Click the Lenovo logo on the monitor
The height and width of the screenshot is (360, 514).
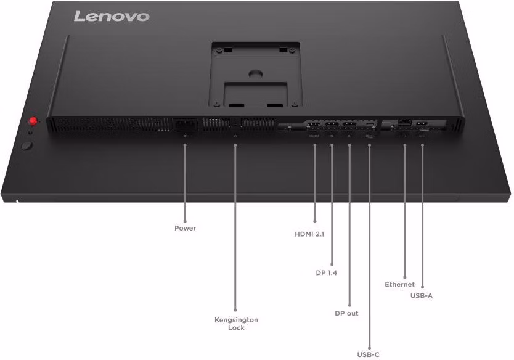112,17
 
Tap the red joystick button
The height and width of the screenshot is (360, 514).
33,121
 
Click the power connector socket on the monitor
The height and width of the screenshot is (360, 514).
186,125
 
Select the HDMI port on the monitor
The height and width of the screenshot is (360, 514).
314,125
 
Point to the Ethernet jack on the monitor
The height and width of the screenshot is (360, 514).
404,123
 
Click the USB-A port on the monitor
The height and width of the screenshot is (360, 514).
422,124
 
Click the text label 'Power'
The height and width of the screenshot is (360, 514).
186,228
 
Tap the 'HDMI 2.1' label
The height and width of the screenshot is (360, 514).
309,234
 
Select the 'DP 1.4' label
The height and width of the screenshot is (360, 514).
327,273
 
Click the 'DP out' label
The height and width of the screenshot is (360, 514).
346,313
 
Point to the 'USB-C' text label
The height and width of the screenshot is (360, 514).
368,354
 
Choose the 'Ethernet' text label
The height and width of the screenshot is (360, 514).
399,284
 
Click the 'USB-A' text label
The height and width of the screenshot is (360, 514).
422,295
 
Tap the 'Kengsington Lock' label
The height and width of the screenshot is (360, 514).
236,324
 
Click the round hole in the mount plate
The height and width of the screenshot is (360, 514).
256,73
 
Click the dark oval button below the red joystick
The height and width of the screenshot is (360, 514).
27,145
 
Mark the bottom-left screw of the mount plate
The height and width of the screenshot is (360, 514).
216,105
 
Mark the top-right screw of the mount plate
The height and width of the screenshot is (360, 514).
292,50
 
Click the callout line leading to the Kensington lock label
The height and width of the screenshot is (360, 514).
235,227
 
